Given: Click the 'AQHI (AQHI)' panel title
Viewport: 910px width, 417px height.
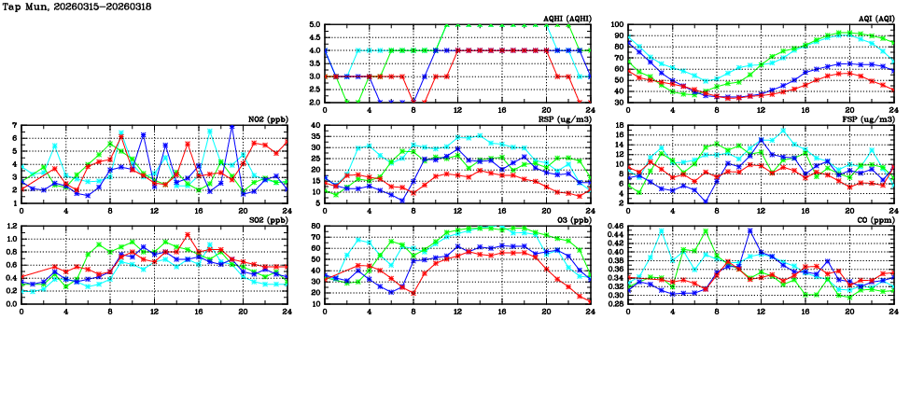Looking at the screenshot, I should click(560, 19).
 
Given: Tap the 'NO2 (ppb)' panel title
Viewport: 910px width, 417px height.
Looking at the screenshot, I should click(266, 118).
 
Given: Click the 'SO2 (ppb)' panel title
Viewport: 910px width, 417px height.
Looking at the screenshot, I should click(266, 219).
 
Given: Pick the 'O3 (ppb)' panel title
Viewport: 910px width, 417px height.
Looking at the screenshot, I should click(569, 219).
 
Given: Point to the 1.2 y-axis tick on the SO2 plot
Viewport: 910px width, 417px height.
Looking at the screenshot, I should click(11, 226).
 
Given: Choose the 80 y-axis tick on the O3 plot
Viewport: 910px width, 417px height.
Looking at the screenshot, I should click(315, 226).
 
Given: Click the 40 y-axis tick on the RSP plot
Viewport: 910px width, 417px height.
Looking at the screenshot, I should click(315, 125).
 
